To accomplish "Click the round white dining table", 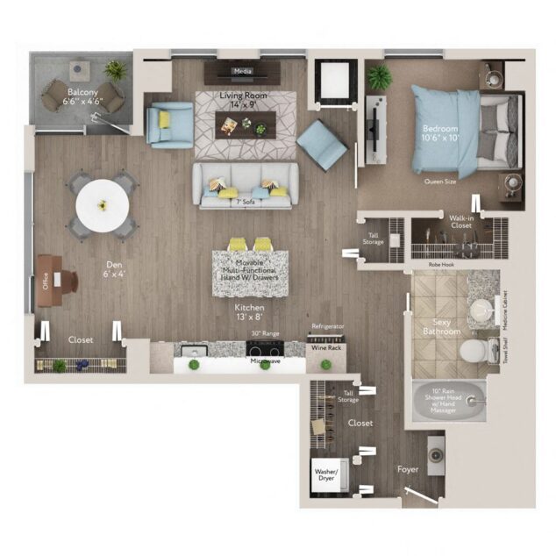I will coord(102,205).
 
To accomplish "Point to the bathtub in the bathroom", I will coord(451,403).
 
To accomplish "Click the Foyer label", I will coord(408,469).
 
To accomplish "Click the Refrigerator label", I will coord(327,326).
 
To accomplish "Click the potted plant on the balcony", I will coord(115,68).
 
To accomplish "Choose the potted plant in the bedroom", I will coord(380,77).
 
